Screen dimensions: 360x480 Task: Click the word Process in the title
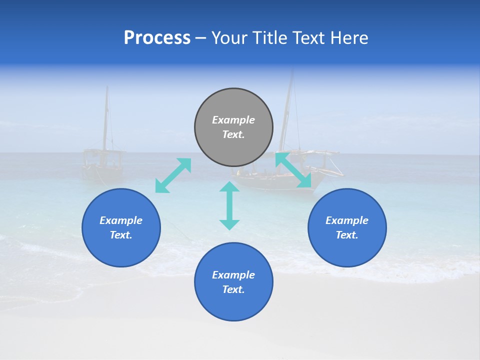click(157, 38)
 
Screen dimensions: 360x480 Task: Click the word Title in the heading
click(268, 38)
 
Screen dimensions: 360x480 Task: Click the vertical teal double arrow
click(229, 205)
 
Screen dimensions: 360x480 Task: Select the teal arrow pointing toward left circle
click(173, 175)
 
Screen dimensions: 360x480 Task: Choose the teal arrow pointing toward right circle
click(293, 170)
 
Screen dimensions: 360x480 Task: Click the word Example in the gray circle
click(233, 120)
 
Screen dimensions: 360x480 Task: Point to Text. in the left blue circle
click(121, 235)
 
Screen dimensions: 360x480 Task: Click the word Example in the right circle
click(347, 220)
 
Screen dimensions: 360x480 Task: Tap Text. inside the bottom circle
click(233, 289)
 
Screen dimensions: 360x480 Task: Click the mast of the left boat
click(105, 120)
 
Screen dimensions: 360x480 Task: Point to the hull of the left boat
click(102, 172)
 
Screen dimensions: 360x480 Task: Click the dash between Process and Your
click(201, 38)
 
